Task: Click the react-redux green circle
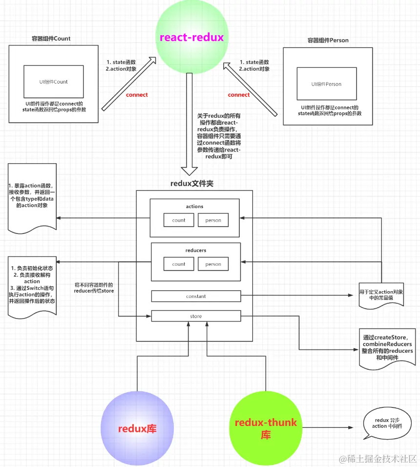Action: pos(192,37)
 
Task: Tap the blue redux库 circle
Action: pos(137,428)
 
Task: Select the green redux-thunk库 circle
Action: pos(266,428)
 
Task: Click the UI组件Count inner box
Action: pos(54,82)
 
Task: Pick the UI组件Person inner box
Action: pos(327,84)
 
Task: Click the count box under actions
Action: pos(179,220)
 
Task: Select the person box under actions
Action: pos(213,220)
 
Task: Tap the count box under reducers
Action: pos(179,264)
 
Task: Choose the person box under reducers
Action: pos(213,264)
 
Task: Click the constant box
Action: pos(196,296)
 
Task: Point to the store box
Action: pos(196,316)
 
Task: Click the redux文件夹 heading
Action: pos(192,184)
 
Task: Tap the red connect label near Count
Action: pos(137,95)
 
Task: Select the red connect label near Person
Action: pos(239,95)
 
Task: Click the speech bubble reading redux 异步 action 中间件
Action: pos(387,423)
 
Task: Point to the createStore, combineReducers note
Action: pos(387,348)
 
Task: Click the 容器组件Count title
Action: pos(51,39)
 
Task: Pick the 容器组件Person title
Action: pos(328,40)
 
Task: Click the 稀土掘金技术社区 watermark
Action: pos(378,459)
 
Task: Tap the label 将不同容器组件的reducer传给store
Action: pos(94,288)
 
